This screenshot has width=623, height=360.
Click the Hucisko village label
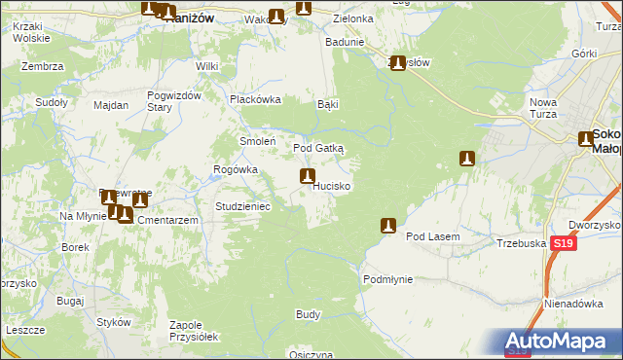333,185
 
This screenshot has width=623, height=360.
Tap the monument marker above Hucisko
308,177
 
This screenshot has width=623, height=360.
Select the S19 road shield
561,244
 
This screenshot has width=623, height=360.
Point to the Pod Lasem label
432,236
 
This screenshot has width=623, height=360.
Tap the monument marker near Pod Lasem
388,226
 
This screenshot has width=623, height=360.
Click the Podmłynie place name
388,279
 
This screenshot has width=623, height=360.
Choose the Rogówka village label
236,169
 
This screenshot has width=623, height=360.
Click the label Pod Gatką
318,148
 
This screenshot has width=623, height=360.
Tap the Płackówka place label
255,99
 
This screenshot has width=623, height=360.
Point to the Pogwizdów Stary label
173,101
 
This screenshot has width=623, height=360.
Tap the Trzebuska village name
519,244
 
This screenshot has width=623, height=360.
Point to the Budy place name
308,315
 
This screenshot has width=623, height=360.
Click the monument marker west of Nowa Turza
467,159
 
